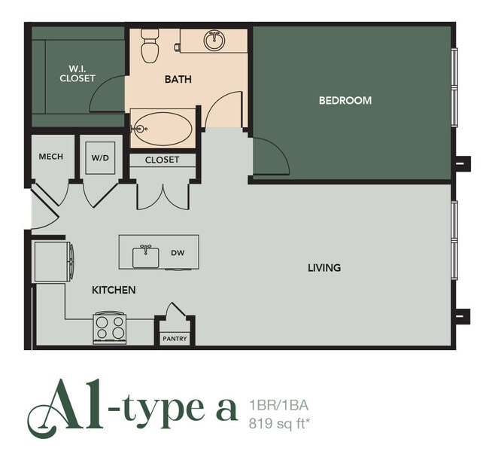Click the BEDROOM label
pos(345,100)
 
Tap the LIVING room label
pos(324,267)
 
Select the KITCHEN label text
pos(114,290)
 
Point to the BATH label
pos(178,78)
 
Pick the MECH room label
pos(51,157)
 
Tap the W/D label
pos(99,157)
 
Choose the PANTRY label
pos(175,339)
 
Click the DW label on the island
pos(178,253)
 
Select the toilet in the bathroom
pos(150,46)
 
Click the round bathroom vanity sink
pos(214,40)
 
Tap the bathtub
pos(162,129)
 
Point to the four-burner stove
pos(110,327)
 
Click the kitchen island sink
pos(146,257)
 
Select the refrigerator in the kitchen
pos(52,260)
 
